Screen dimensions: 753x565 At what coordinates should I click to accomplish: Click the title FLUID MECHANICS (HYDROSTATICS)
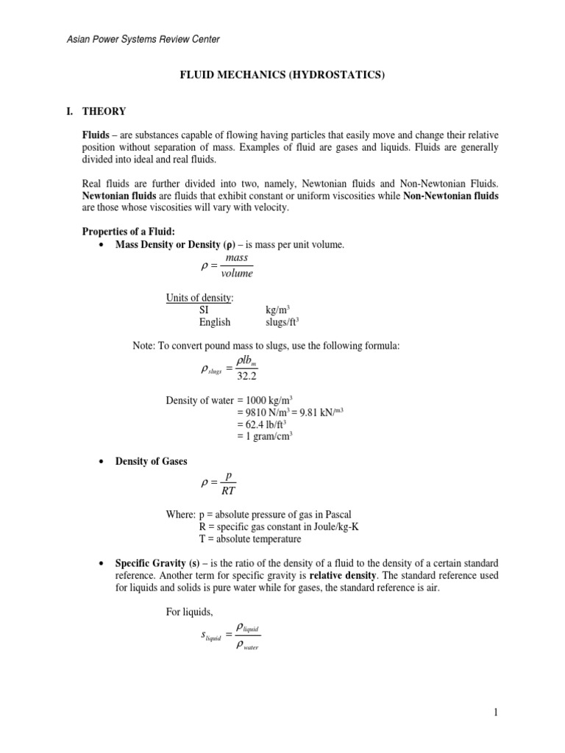point(282,76)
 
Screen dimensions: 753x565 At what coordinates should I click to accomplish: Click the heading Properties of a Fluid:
point(128,232)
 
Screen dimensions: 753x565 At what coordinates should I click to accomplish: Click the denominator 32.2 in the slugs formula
point(248,377)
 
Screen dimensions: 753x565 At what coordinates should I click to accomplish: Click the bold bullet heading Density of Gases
point(151,461)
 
